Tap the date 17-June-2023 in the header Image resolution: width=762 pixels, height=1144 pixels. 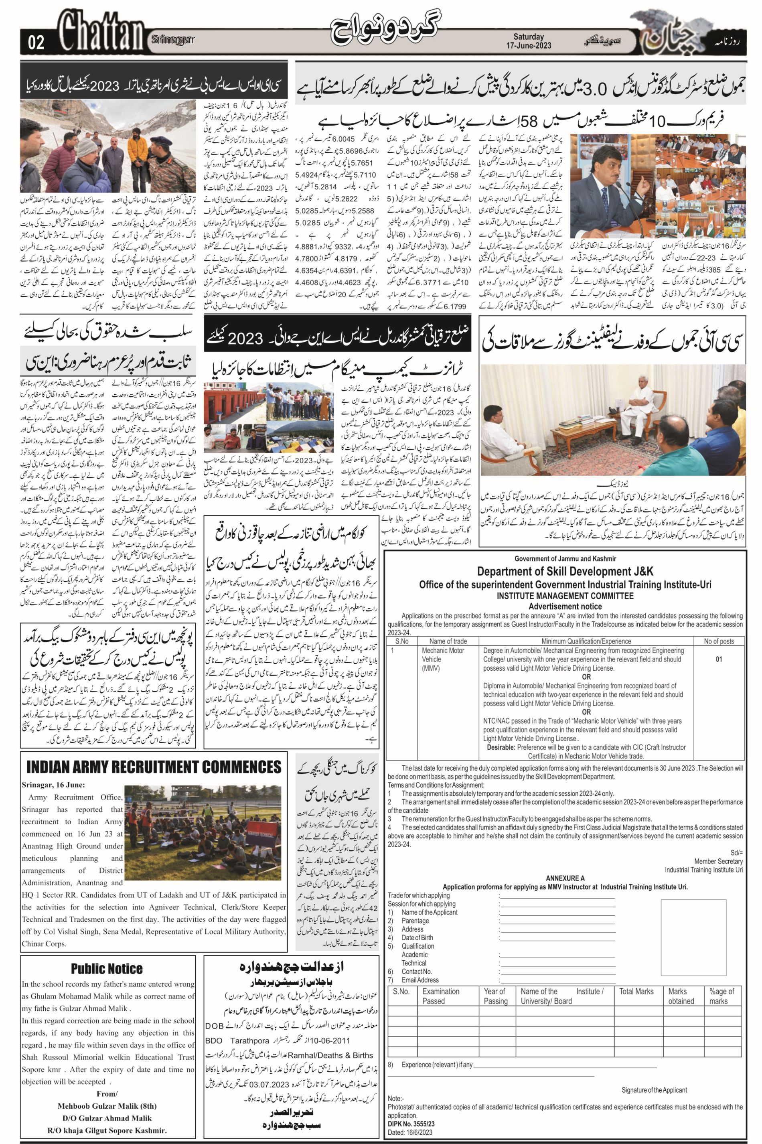(529, 46)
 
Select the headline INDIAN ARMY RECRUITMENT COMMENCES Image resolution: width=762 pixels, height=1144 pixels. (154, 767)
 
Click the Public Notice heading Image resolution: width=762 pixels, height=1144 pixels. (107, 969)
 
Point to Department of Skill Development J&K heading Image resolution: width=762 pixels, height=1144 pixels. (565, 572)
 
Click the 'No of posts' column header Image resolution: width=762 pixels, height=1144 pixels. (718, 641)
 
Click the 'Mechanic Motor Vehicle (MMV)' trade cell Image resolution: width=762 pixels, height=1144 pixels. (443, 659)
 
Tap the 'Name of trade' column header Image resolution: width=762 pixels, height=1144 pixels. (448, 641)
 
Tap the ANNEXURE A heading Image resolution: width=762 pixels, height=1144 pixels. (565, 878)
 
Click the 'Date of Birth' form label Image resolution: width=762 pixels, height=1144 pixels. (417, 937)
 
